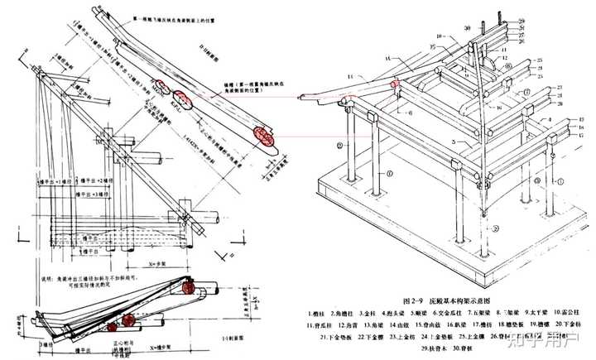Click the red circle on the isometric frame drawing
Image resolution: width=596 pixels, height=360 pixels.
pyautogui.click(x=396, y=83)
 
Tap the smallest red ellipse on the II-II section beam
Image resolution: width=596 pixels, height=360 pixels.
pyautogui.click(x=156, y=85)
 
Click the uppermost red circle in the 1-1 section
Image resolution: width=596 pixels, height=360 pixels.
pyautogui.click(x=188, y=288)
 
